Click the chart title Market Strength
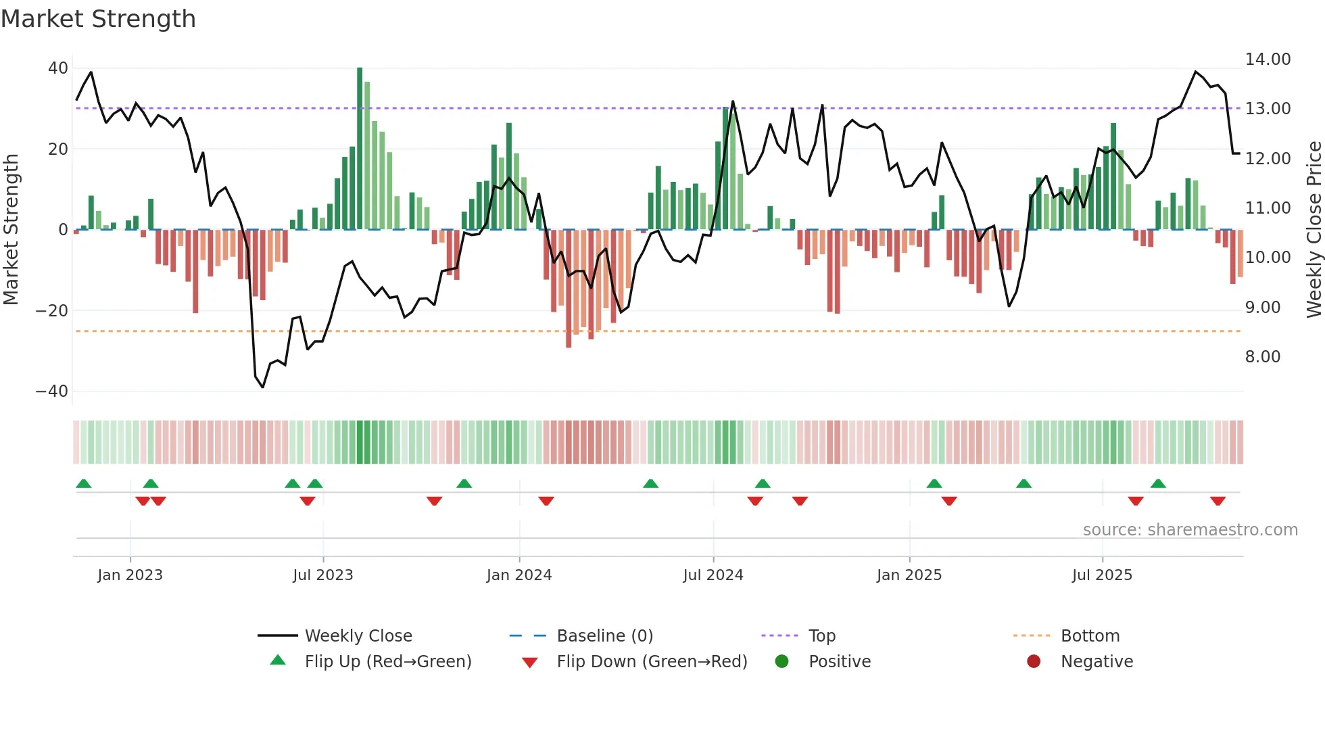98,19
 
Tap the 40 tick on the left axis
58,68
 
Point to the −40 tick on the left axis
52,391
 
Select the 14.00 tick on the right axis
1268,59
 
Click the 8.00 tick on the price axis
1262,357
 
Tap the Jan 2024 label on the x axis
519,575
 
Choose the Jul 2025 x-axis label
1101,575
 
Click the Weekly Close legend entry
358,636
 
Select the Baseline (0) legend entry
604,636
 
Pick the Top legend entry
821,636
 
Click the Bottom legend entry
1090,636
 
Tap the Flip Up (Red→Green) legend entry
387,662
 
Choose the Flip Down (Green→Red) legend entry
652,662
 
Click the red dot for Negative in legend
1033,662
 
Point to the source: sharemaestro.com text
1190,530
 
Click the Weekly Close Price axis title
1314,230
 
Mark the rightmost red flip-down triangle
1218,501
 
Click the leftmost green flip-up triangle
84,484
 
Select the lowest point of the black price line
263,387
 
